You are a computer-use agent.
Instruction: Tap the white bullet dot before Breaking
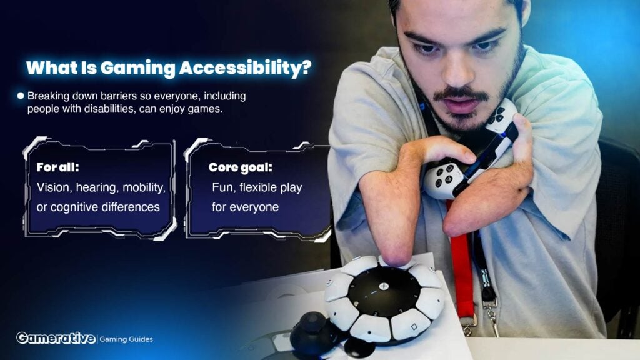(21, 96)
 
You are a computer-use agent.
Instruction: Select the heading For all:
(57, 167)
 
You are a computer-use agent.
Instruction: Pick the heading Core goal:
(240, 167)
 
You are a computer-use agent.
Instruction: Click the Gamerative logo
(56, 338)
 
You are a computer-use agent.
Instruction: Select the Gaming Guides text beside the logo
(126, 339)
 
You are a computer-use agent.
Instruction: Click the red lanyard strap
(462, 261)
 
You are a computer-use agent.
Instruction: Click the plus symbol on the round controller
(384, 286)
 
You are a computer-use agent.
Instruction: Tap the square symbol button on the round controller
(414, 327)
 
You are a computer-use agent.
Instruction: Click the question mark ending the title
(306, 67)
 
